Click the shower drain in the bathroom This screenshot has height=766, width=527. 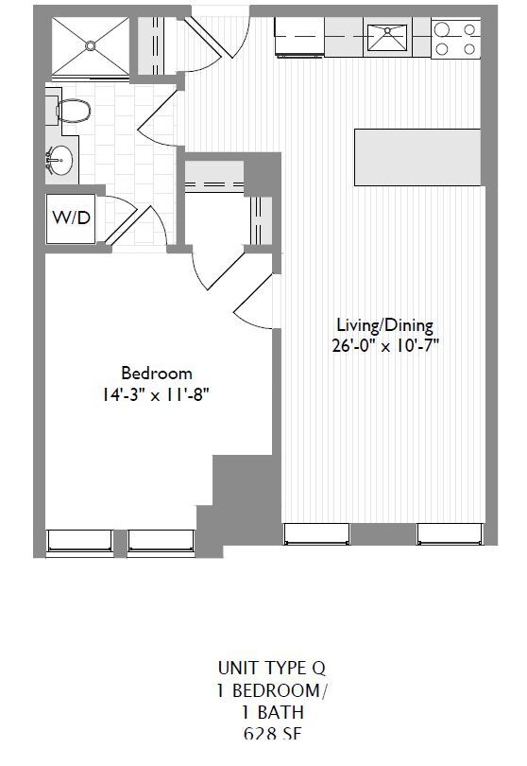tap(91, 44)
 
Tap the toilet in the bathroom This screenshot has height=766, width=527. tap(71, 112)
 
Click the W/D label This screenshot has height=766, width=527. tap(71, 218)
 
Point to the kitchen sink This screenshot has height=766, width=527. tap(387, 39)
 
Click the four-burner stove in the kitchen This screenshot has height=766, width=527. tap(454, 39)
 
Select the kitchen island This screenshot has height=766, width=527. tap(416, 157)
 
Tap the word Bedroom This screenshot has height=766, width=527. tap(157, 373)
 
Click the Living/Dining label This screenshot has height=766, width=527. tap(384, 325)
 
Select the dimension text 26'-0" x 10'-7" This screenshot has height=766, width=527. tap(384, 345)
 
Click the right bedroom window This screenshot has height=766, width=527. tap(160, 541)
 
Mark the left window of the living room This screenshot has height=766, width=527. tap(316, 534)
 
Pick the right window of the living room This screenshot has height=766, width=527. tap(450, 534)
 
